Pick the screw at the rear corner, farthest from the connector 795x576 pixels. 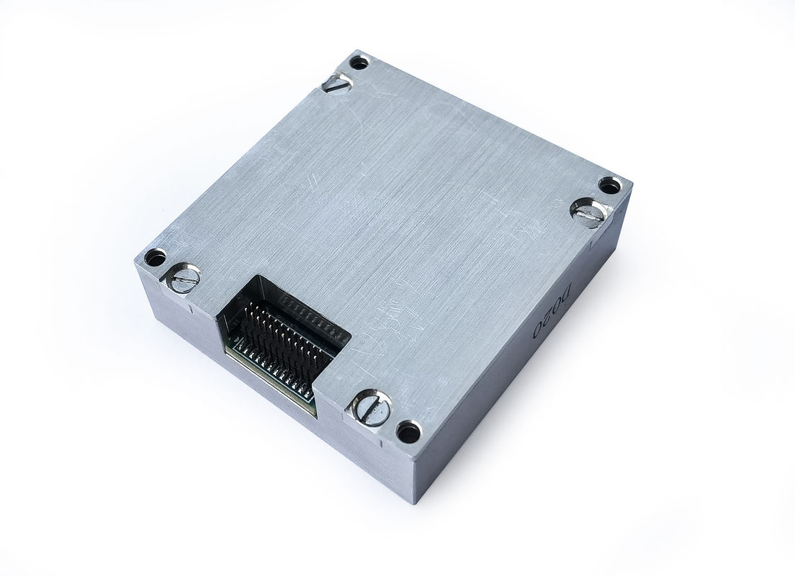point(337,84)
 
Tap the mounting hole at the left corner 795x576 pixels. point(154,257)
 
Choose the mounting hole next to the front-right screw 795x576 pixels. point(409,432)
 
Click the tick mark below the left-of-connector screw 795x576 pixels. point(189,310)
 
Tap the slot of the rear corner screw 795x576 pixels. point(337,84)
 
